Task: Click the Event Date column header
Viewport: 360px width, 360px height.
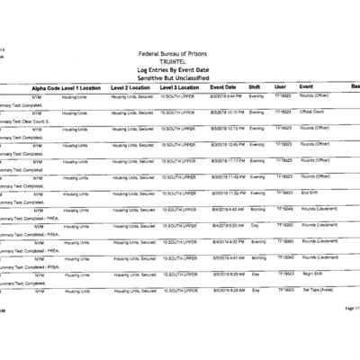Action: (x=223, y=87)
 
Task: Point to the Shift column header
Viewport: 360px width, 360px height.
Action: (x=256, y=87)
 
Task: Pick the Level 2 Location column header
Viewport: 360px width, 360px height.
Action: (x=130, y=87)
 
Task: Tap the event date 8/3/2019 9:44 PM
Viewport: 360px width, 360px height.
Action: (x=225, y=95)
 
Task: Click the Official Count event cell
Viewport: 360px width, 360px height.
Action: (x=313, y=112)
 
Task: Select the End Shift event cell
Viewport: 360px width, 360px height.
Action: (x=310, y=193)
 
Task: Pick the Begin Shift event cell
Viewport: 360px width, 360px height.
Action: (x=311, y=273)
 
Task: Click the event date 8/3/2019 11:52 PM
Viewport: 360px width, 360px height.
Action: (x=226, y=193)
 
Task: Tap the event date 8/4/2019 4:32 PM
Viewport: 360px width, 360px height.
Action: (x=225, y=241)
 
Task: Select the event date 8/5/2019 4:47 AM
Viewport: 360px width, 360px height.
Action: (x=225, y=257)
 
